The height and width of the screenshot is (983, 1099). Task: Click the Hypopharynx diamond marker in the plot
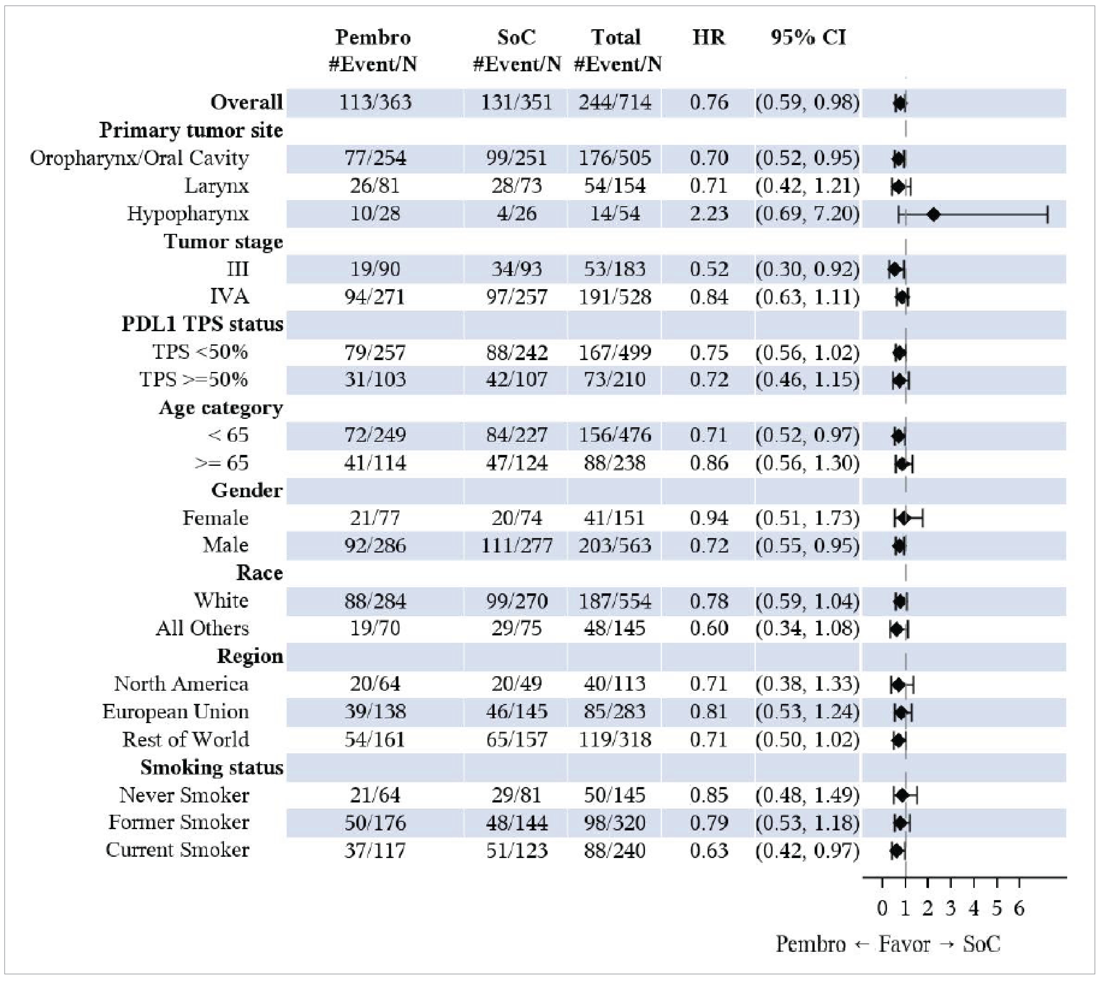933,214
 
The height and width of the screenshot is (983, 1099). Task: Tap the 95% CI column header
808,37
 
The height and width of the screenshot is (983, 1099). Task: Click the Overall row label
246,102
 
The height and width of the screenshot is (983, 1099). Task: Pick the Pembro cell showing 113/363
375,102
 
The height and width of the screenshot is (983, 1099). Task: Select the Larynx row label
216,186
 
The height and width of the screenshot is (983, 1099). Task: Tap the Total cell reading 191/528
615,297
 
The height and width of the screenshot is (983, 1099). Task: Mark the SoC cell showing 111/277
516,545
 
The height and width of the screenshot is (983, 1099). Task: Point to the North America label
182,684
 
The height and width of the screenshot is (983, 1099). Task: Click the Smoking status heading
212,767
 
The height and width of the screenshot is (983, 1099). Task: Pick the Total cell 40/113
615,684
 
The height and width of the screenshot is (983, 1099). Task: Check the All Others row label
202,628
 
